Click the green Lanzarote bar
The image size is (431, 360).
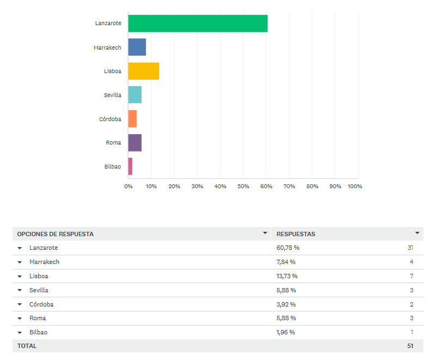click(198, 23)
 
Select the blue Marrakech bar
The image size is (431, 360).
click(137, 47)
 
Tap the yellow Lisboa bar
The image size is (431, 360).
click(143, 71)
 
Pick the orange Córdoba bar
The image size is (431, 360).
click(132, 119)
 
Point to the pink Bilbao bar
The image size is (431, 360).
click(130, 166)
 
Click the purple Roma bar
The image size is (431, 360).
click(135, 143)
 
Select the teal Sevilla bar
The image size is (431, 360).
click(135, 95)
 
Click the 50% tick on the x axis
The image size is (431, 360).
click(243, 187)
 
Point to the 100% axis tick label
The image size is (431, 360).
click(354, 187)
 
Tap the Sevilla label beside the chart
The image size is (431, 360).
click(112, 95)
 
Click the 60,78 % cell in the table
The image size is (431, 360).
click(288, 248)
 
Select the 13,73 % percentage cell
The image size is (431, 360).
click(287, 276)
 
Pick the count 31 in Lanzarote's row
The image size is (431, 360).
click(410, 248)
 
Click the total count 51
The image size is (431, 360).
click(410, 346)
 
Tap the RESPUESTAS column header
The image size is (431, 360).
click(296, 234)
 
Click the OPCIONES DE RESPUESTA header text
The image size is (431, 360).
click(56, 234)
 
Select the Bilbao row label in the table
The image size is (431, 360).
click(39, 332)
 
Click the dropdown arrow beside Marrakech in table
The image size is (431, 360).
click(20, 262)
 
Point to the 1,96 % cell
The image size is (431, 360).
click(286, 332)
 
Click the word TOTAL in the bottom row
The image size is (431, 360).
click(27, 346)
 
